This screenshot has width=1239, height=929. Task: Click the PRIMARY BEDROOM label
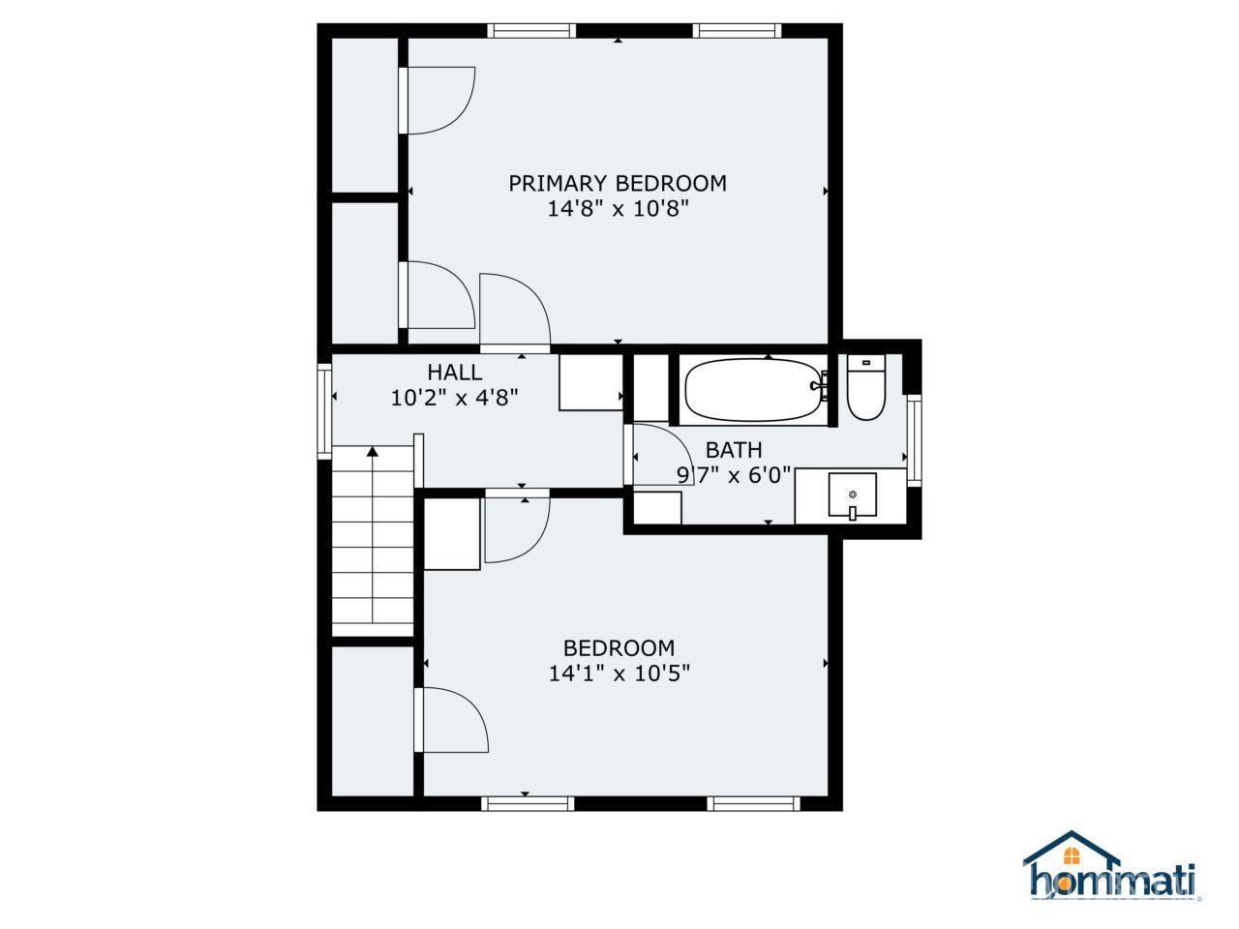click(x=618, y=183)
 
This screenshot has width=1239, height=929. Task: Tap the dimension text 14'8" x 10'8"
click(x=619, y=209)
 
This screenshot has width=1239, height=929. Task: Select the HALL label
click(x=454, y=373)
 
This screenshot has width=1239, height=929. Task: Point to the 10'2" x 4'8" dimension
click(x=454, y=399)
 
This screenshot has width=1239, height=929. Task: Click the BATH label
click(x=734, y=450)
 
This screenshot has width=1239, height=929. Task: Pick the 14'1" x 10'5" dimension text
click(x=619, y=673)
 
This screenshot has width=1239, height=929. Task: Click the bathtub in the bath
click(x=753, y=390)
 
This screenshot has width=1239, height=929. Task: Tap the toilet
click(x=866, y=387)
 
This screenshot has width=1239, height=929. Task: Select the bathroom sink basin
click(x=853, y=494)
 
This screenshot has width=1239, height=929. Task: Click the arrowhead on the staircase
click(x=372, y=451)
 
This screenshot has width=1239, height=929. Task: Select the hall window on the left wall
click(x=324, y=410)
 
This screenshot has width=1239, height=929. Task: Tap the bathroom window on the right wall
click(x=914, y=440)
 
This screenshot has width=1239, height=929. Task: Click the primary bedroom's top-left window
click(x=531, y=31)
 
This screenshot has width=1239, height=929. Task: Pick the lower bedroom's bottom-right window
click(x=753, y=803)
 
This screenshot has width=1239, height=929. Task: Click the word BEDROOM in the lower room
click(x=619, y=647)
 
